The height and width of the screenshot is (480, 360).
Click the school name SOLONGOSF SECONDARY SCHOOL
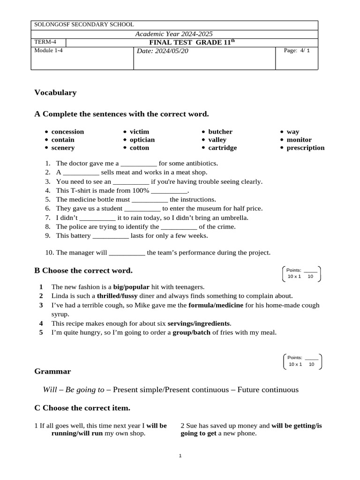[x=84, y=24]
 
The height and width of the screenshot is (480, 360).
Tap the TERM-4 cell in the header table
[x=45, y=42]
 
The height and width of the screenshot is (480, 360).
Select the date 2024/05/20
[x=162, y=51]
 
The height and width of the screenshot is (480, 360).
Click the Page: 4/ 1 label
[x=297, y=51]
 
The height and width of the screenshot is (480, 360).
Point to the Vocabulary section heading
[x=55, y=92]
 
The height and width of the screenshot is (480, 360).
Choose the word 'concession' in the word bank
[x=67, y=132]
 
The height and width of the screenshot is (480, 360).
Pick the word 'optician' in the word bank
[x=142, y=140]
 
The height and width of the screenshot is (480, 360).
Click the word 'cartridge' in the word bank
[x=222, y=148]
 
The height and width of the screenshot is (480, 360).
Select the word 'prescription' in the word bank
[x=305, y=148]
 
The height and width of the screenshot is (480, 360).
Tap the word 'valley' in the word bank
[x=217, y=140]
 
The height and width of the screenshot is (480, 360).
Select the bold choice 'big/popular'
[x=131, y=287]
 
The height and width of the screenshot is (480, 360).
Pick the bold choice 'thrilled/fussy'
[x=117, y=296]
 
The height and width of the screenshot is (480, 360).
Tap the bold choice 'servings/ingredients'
[x=199, y=323]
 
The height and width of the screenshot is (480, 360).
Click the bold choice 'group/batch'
[x=191, y=333]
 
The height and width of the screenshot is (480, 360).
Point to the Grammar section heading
[x=52, y=371]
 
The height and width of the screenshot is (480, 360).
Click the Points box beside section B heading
[x=302, y=273]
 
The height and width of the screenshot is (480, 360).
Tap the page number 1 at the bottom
[x=180, y=456]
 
